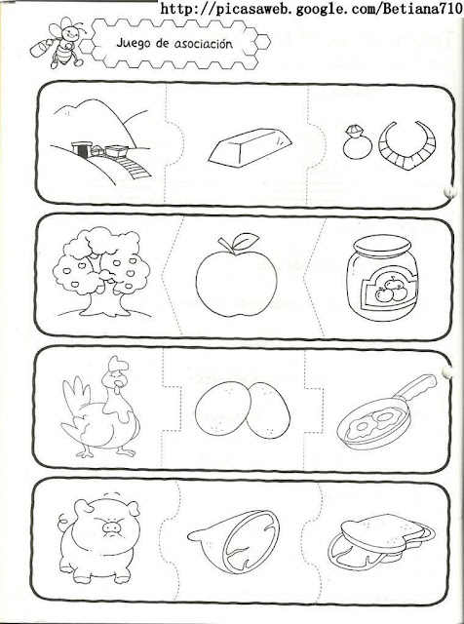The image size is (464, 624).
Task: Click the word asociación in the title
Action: pyautogui.click(x=203, y=43)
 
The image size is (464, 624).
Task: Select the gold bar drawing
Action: pyautogui.click(x=250, y=147)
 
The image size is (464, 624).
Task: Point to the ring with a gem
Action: pyautogui.click(x=357, y=142)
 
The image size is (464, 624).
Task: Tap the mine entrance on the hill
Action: pyautogui.click(x=82, y=149)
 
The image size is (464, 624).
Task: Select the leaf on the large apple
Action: pyautogui.click(x=246, y=240)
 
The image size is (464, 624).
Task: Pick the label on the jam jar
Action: pyautogui.click(x=389, y=289)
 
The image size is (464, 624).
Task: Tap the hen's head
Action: pyautogui.click(x=116, y=377)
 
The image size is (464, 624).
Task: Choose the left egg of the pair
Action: pyautogui.click(x=223, y=408)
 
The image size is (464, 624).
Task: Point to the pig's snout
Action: pyautogui.click(x=111, y=527)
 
